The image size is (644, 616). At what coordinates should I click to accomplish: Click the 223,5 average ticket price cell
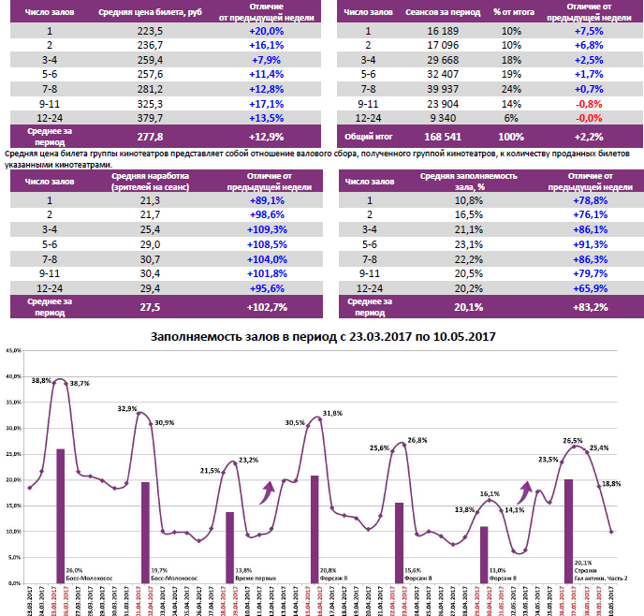(x=149, y=31)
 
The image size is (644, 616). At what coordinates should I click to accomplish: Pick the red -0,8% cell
(x=588, y=103)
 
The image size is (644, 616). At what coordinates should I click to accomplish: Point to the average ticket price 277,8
(x=149, y=136)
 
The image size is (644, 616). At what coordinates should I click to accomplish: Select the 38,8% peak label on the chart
(x=41, y=381)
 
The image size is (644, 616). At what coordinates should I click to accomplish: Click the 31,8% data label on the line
(x=330, y=413)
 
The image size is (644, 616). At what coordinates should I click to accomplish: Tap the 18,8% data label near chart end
(x=610, y=483)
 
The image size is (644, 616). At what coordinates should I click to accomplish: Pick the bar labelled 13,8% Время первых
(x=230, y=547)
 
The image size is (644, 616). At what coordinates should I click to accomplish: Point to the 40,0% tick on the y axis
(x=13, y=376)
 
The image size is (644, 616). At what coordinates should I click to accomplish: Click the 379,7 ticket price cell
(x=149, y=118)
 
